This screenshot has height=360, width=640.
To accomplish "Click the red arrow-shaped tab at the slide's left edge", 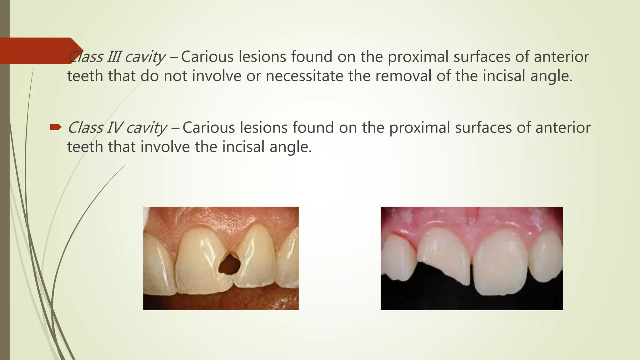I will click(x=37, y=51).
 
